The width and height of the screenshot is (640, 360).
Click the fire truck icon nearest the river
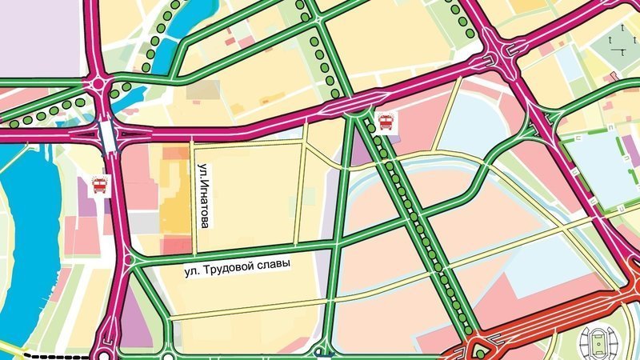pyautogui.click(x=100, y=186)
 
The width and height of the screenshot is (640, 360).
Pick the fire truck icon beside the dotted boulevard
pyautogui.click(x=385, y=122)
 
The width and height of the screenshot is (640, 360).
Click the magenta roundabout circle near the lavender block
pyautogui.click(x=99, y=82)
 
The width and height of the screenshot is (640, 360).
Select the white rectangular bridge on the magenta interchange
pyautogui.click(x=107, y=136)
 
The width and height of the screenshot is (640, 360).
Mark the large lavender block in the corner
pyautogui.click(x=40, y=36)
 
